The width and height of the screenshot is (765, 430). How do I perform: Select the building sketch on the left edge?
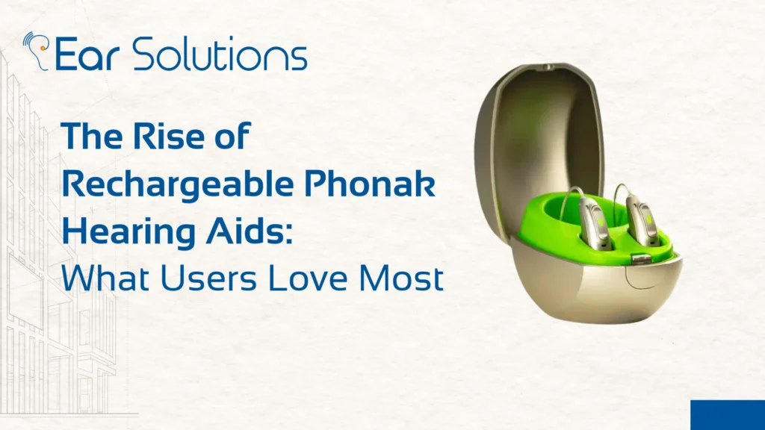45,299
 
